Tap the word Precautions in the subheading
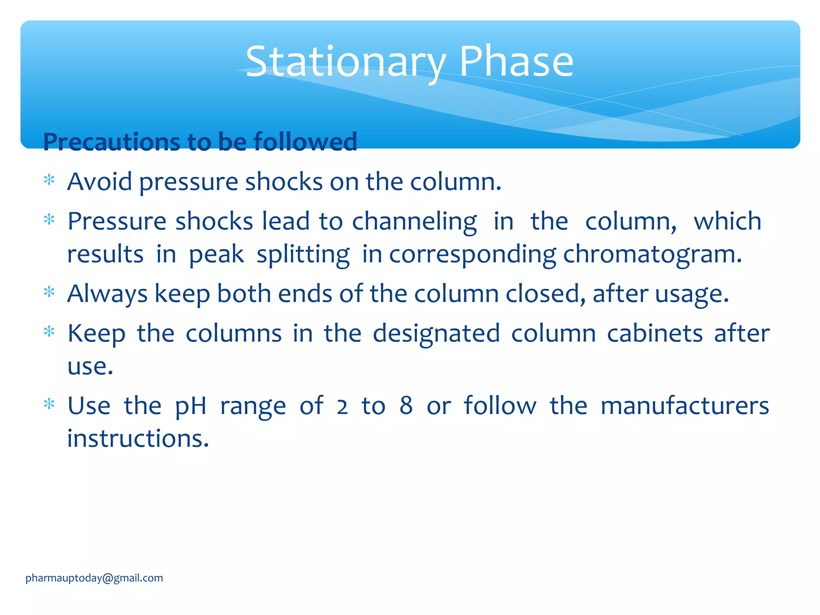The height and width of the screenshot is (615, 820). click(111, 142)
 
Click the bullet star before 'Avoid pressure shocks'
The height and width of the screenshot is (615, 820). click(49, 180)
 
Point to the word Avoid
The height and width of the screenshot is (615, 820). click(99, 182)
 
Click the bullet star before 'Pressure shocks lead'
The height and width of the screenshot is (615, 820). click(49, 220)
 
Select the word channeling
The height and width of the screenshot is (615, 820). click(414, 222)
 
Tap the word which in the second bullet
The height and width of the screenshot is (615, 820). click(727, 221)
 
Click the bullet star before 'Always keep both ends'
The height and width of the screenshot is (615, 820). click(49, 292)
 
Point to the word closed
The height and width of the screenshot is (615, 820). click(545, 293)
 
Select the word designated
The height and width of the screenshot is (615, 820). click(436, 334)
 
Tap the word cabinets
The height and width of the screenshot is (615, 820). click(655, 333)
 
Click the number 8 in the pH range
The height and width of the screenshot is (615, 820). click(406, 406)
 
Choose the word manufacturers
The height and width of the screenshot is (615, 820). click(685, 406)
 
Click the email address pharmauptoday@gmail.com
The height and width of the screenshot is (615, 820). click(94, 578)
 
